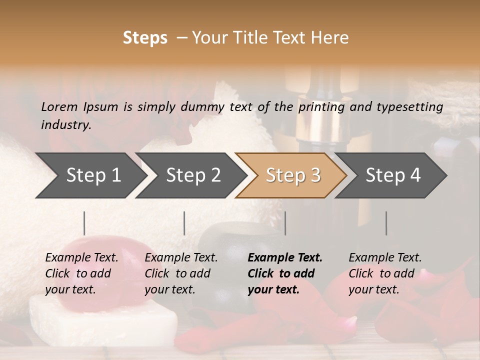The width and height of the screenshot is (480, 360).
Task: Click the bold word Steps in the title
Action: coord(145,38)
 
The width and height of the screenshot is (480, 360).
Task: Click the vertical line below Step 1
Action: coord(84,223)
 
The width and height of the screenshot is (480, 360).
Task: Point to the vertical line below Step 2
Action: coord(184,223)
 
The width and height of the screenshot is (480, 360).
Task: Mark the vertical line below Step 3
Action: coord(285,223)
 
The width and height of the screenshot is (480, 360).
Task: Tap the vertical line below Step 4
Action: coord(386,223)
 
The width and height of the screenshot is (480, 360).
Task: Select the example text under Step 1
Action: coord(81,273)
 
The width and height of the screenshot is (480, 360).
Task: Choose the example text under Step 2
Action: coord(181,273)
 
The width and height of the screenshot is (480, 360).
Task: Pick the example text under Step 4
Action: coord(385,273)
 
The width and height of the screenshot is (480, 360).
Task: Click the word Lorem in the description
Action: coord(59,106)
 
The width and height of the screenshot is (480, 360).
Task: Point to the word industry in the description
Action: coord(66,125)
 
